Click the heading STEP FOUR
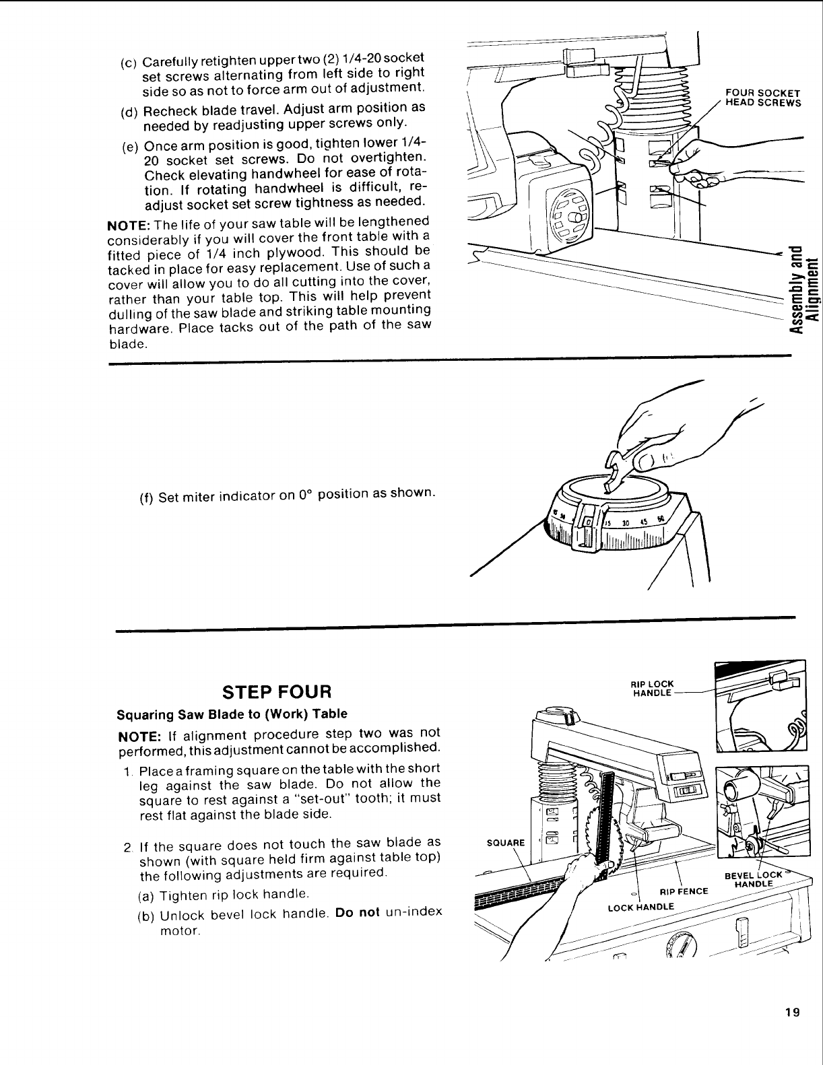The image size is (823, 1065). point(277,691)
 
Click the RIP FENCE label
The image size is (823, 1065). point(685,892)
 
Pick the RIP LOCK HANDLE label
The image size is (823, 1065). point(653,689)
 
